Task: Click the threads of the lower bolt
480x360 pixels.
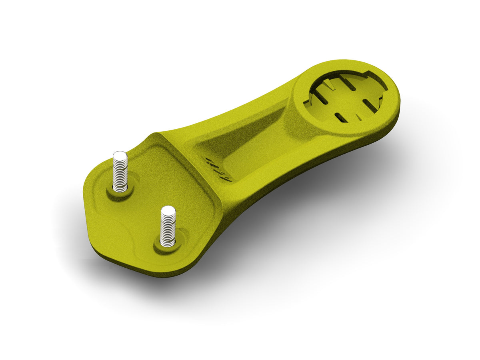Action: tap(168, 228)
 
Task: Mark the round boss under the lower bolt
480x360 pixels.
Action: tap(168, 244)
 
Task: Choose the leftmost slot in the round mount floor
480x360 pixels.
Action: tap(320, 96)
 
